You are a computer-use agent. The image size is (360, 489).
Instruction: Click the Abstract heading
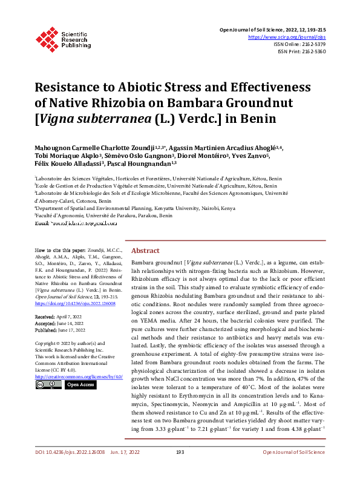[x=145, y=251]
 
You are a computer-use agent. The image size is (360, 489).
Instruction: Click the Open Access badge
[x=80, y=384]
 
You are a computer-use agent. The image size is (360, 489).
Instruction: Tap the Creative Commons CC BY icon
[x=48, y=384]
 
